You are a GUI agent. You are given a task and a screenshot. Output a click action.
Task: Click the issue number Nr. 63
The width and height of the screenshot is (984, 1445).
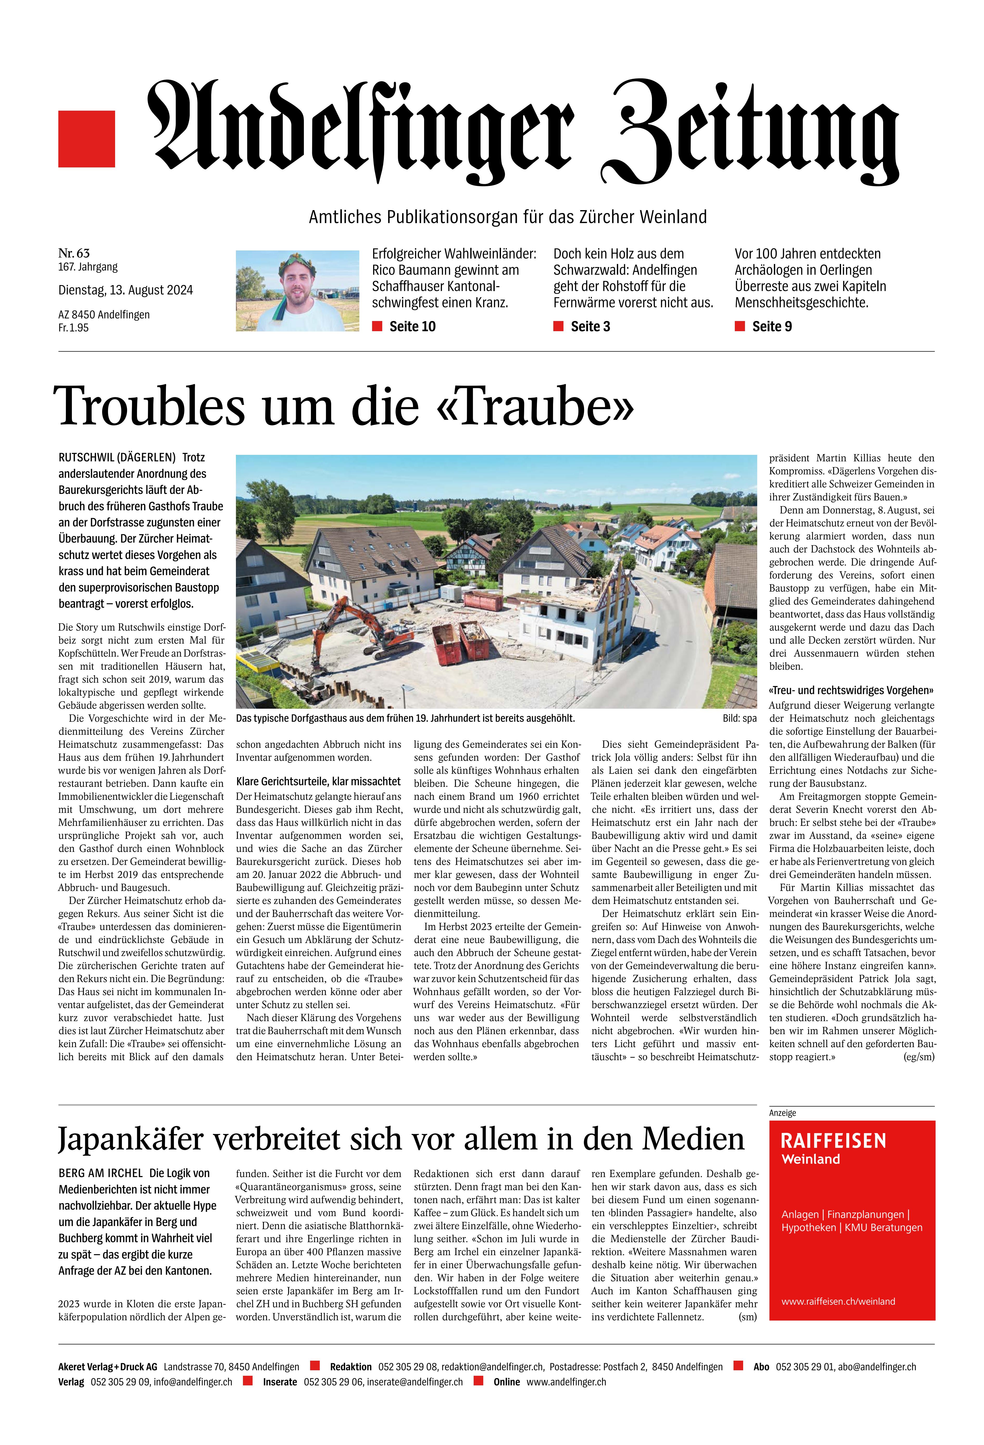74,253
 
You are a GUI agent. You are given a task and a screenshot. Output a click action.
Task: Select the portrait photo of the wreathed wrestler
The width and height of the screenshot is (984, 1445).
297,290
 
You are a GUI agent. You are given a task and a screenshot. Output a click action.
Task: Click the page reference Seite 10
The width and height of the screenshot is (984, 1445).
412,326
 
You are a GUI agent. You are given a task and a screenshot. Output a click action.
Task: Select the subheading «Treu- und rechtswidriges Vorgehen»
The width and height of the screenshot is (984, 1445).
851,690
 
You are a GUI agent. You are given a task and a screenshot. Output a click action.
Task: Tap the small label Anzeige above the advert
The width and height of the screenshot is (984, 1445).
782,1112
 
